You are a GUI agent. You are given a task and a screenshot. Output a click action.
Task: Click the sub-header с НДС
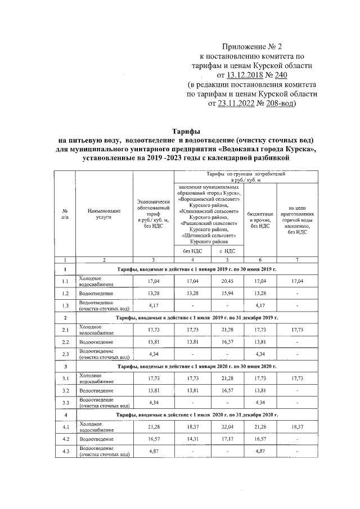click(x=227, y=251)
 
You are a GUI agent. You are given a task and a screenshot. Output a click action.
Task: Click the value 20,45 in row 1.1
click(x=227, y=280)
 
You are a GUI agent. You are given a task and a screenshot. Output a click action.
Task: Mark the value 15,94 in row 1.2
click(x=227, y=293)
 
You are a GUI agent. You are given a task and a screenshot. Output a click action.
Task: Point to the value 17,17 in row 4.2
click(x=227, y=439)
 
